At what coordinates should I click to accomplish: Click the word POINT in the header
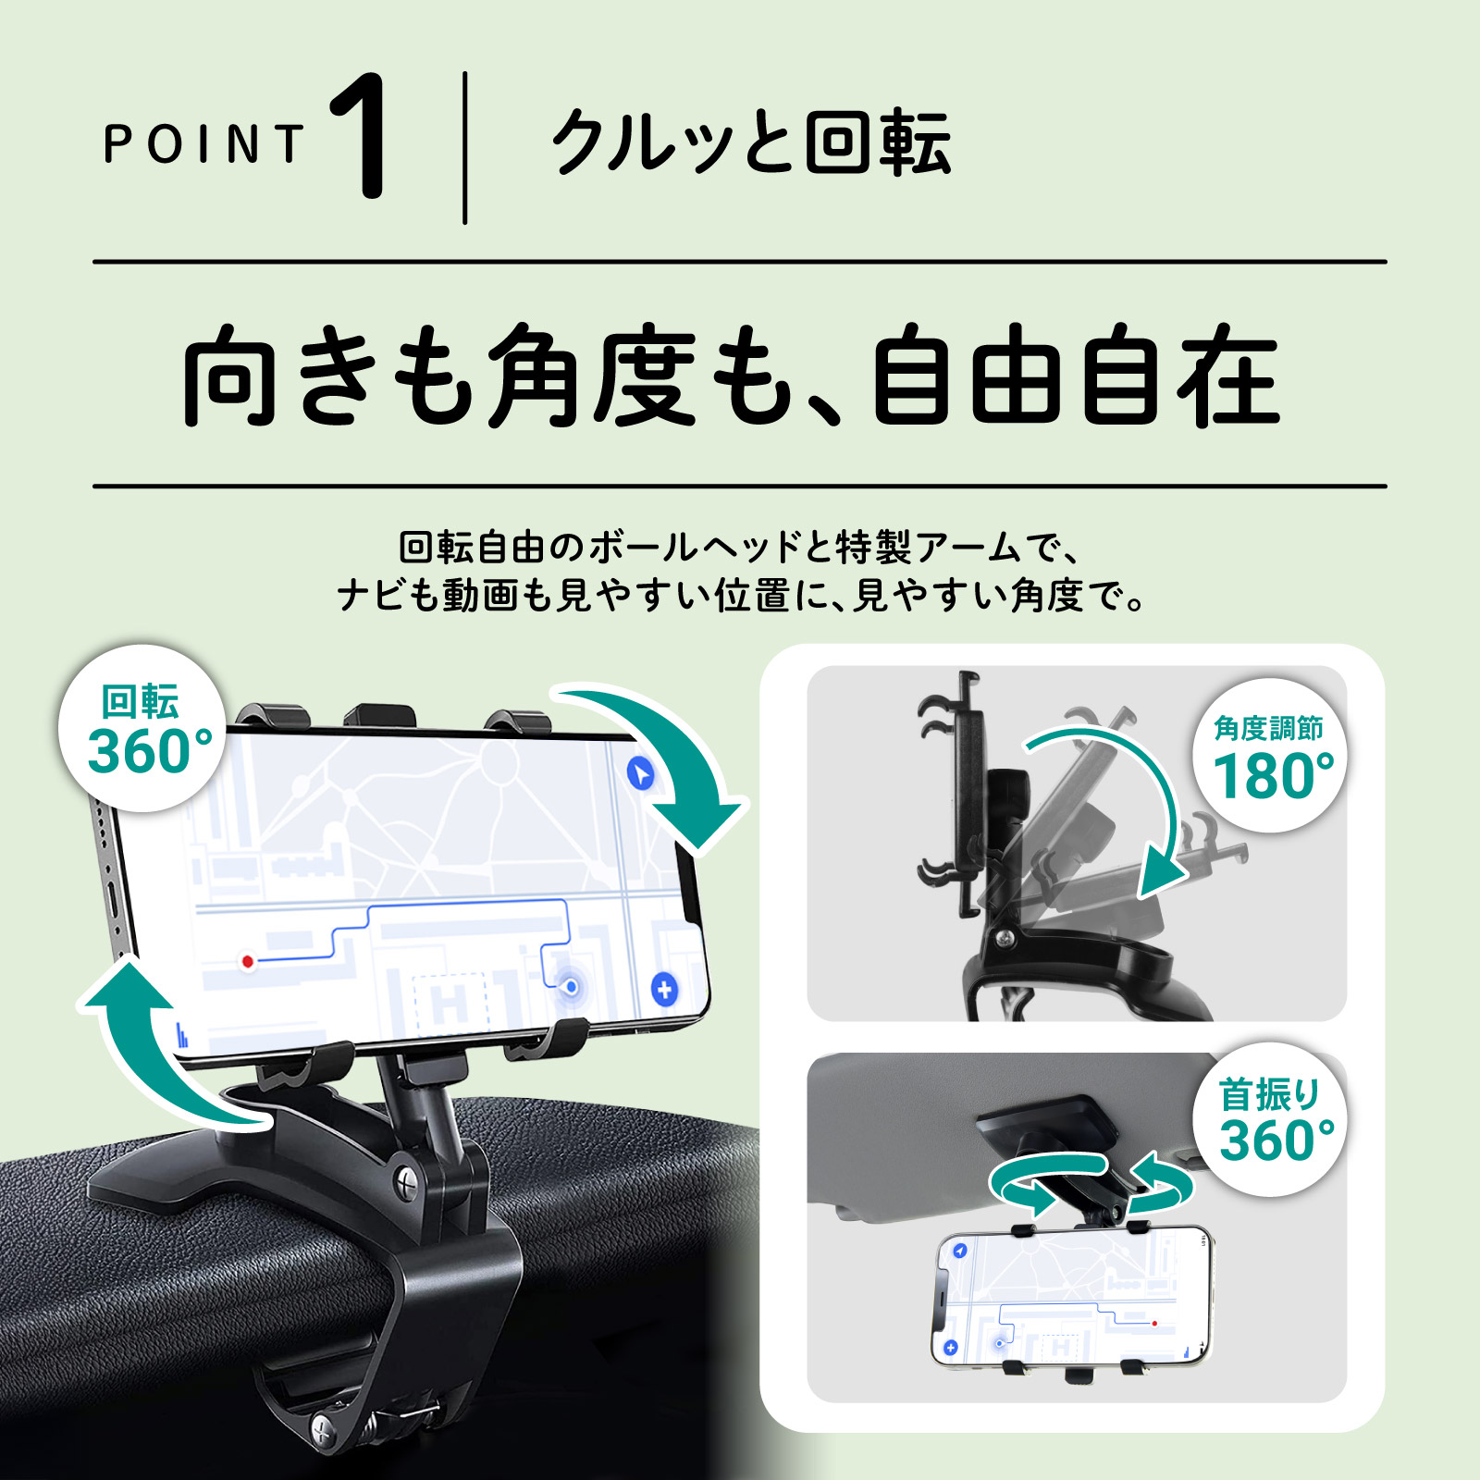(x=203, y=145)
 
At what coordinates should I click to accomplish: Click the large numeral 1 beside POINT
(x=363, y=136)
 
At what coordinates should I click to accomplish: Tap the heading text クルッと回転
(x=750, y=143)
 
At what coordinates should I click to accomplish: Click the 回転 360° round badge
(x=142, y=729)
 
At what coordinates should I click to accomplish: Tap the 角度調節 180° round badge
(x=1269, y=757)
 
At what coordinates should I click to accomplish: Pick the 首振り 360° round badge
(x=1269, y=1119)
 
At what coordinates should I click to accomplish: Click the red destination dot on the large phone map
(x=247, y=961)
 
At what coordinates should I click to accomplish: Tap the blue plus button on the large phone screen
(x=664, y=989)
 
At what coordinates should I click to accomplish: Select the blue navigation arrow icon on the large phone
(x=639, y=773)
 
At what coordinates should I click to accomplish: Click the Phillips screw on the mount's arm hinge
(x=408, y=1180)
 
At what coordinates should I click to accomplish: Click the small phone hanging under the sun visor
(x=1071, y=1299)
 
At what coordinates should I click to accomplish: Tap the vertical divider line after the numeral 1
(x=465, y=148)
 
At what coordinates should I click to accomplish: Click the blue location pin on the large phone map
(x=572, y=987)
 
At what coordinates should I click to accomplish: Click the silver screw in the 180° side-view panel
(x=1006, y=938)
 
